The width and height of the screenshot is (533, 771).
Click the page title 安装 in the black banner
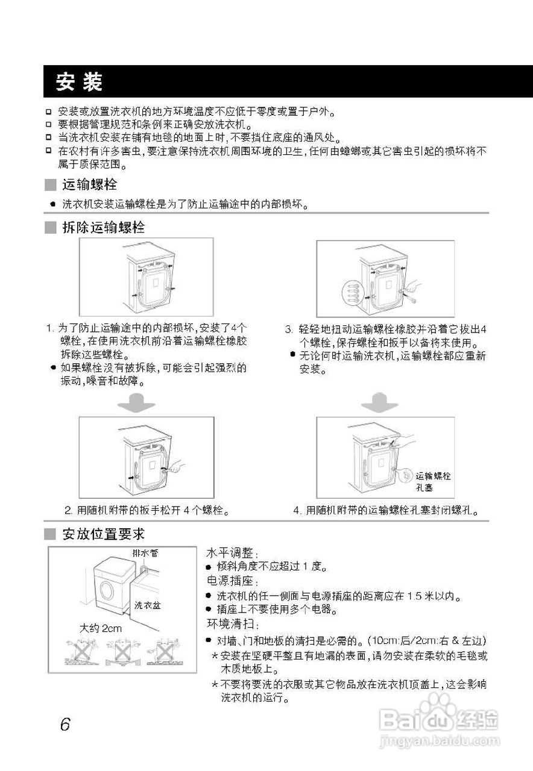(79, 81)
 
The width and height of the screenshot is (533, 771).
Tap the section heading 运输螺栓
(89, 184)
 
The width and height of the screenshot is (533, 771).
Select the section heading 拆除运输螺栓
(103, 228)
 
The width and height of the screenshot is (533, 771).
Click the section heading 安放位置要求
(103, 534)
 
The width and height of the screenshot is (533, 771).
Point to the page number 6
(65, 723)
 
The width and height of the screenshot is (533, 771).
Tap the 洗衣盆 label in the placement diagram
(147, 605)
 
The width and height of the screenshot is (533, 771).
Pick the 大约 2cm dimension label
(101, 628)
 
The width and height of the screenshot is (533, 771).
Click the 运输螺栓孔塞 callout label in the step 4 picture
(433, 481)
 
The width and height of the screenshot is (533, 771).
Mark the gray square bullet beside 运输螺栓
(51, 184)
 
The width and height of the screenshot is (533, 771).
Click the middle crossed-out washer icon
(124, 652)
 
